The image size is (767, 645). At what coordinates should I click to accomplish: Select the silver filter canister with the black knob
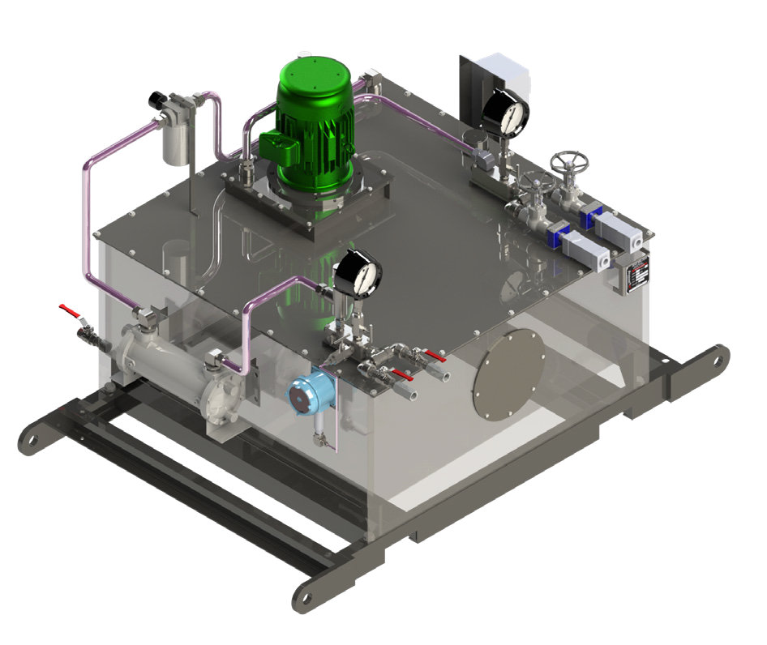pos(173,139)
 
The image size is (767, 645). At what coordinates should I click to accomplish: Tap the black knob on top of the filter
pos(155,100)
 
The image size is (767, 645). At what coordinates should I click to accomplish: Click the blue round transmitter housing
pos(306,395)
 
